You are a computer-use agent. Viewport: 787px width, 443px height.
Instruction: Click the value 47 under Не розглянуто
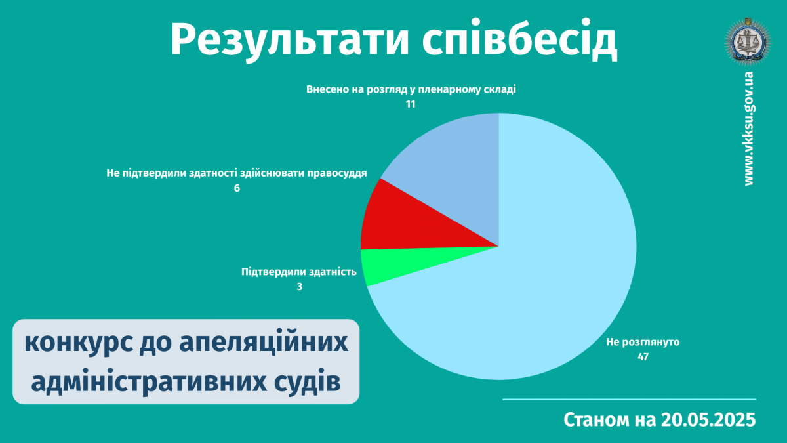point(643,357)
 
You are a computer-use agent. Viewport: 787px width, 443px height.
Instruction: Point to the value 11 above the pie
point(411,104)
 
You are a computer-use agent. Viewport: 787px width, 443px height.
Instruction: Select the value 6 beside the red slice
point(237,188)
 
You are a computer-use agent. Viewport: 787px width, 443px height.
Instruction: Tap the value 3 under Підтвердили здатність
point(299,287)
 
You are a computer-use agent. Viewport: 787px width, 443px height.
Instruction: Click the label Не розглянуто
point(643,342)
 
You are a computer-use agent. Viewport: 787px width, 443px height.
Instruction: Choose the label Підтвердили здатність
point(299,272)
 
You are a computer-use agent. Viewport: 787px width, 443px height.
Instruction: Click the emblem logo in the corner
point(748,42)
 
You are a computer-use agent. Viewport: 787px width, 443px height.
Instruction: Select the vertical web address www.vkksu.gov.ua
point(749,129)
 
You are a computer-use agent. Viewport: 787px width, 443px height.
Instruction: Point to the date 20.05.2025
point(708,420)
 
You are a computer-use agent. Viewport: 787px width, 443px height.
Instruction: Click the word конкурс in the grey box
point(79,343)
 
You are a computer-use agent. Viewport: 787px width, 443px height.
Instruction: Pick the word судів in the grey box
point(308,383)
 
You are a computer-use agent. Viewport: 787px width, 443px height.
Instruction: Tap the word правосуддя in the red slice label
point(337,173)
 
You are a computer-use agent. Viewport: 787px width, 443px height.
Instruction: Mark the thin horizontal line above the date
point(629,400)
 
